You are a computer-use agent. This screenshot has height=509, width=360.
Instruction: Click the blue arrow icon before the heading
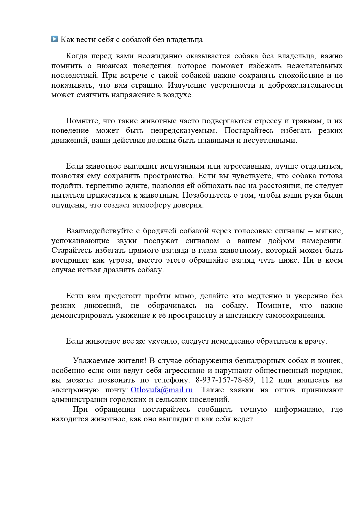55,39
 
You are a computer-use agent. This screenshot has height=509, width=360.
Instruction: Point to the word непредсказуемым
184,131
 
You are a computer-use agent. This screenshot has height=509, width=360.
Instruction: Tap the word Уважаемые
94,361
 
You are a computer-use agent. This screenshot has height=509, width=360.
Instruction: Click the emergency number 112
267,380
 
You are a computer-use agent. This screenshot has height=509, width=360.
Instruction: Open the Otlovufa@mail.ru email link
162,390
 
